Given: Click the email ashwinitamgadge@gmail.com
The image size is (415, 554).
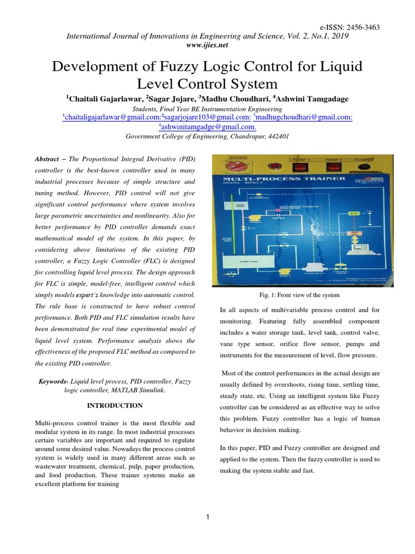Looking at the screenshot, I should point(208,127).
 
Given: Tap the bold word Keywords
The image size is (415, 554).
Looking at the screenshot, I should point(54,381).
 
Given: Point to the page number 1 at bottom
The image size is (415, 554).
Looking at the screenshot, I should point(207,518).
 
